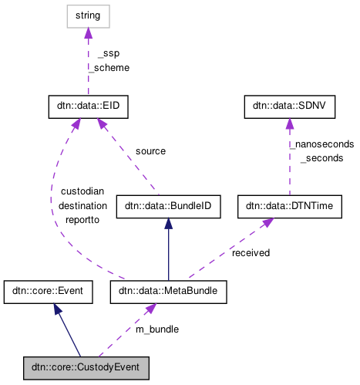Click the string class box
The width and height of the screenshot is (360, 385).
pos(88,15)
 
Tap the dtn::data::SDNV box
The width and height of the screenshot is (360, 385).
pos(289,107)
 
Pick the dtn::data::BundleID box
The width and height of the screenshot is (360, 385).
pos(168,206)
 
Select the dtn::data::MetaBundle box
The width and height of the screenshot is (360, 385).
pos(168,292)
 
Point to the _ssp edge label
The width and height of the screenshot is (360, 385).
pos(109,53)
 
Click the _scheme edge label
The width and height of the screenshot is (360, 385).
pos(109,67)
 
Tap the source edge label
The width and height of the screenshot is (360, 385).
pos(150,151)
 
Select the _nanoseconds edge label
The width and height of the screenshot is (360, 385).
pos(321,144)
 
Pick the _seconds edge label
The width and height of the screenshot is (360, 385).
pos(321,157)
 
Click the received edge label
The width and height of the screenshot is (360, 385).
pos(251,252)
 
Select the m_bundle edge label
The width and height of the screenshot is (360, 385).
pos(157,329)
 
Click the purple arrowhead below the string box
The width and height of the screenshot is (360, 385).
pos(88,32)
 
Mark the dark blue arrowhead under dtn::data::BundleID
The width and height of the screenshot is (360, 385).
pos(168,224)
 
